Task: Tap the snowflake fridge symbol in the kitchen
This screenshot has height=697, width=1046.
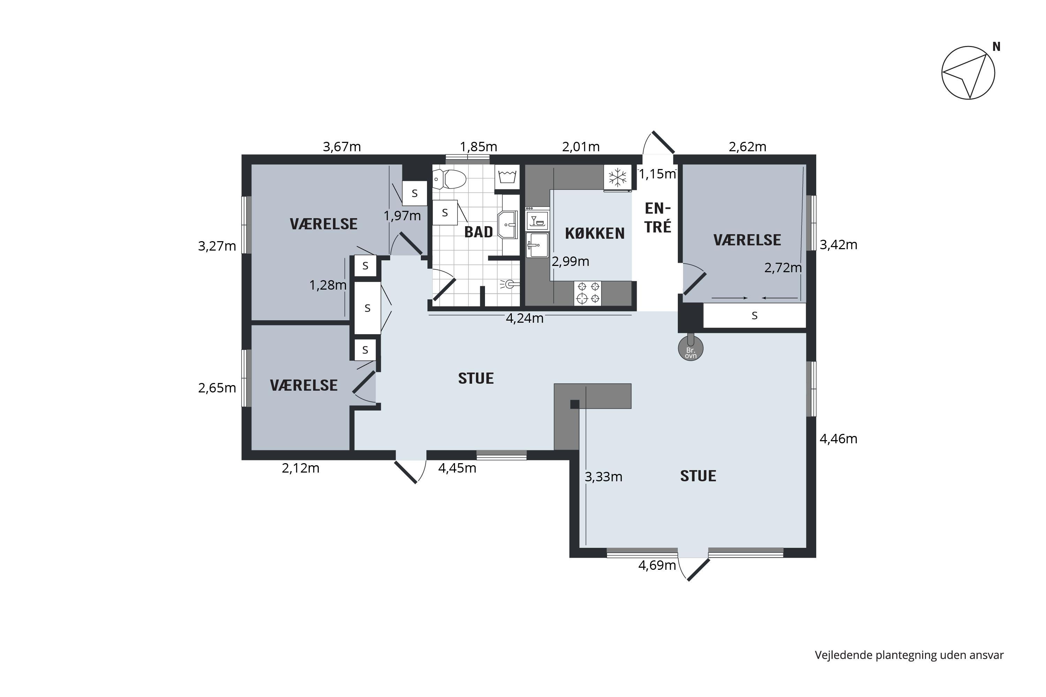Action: [617, 177]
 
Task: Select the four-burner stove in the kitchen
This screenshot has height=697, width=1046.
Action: [588, 293]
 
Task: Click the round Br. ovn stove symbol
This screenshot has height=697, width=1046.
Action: [691, 347]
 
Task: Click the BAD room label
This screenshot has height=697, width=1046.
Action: [478, 232]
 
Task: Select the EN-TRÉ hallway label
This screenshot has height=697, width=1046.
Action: [658, 217]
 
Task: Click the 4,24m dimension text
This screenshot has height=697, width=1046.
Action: [525, 318]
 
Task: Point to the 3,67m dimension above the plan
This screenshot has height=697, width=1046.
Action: [342, 146]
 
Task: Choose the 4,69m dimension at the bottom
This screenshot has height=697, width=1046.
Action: [657, 565]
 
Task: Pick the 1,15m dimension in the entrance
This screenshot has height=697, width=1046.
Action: [657, 174]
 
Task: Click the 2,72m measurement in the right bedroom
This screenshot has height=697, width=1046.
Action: [783, 268]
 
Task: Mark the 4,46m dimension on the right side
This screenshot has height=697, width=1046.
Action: [838, 439]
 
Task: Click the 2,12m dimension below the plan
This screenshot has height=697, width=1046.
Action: [301, 468]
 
